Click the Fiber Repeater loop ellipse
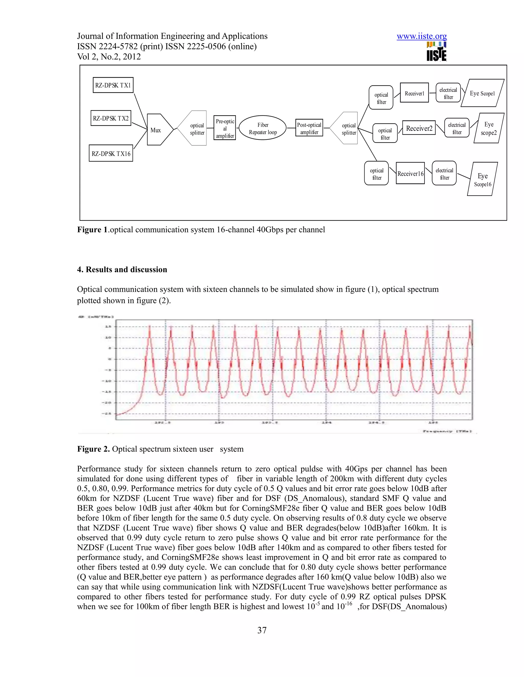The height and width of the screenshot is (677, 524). point(263,128)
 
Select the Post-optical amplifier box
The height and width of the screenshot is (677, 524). point(309,128)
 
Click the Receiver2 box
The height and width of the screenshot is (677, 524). point(419,128)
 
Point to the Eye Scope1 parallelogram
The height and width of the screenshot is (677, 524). point(482,93)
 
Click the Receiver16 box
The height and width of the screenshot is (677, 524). point(410,173)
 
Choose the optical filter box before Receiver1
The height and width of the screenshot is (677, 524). point(381,98)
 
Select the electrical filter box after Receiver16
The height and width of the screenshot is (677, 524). point(444,173)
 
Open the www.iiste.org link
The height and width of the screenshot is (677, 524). point(422,36)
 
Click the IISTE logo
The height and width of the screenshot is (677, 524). point(436,52)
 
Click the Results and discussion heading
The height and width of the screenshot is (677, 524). point(122,269)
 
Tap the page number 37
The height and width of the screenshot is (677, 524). point(262,630)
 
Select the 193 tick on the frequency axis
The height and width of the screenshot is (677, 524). point(220,423)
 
